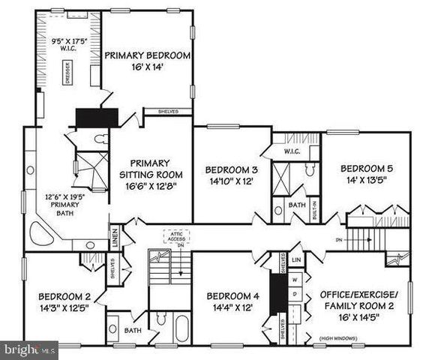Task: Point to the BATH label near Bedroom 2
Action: [x=133, y=330]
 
